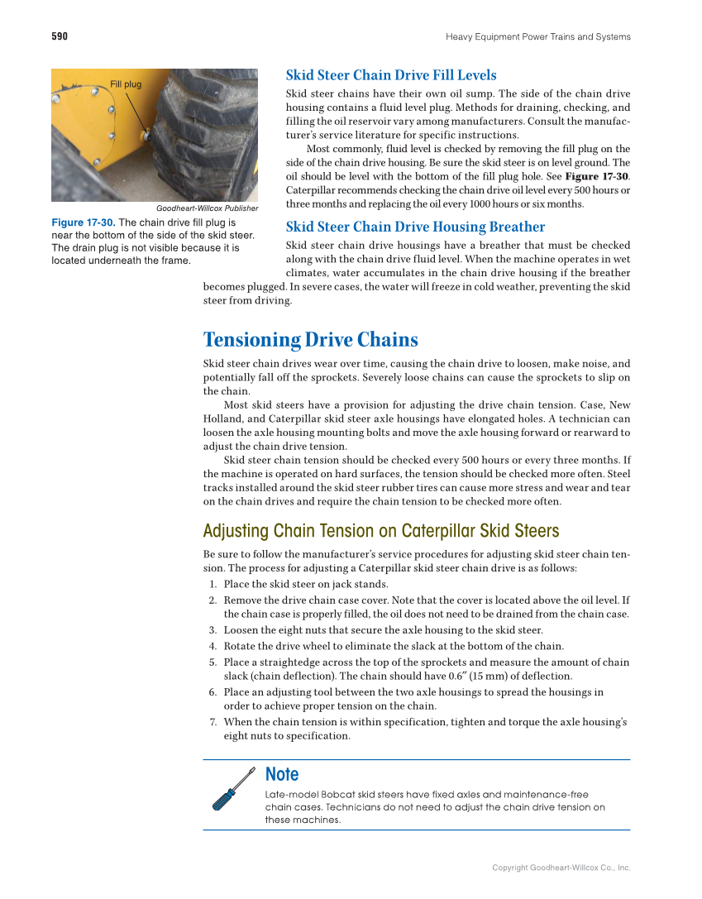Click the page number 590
60,36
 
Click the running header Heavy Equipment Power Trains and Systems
537,36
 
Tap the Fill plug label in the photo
126,84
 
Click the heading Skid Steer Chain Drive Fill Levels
391,75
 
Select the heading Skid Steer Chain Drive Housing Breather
415,227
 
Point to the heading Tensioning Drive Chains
311,340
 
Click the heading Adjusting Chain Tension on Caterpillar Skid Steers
381,531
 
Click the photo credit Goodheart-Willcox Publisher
207,208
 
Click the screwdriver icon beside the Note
233,789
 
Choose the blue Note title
282,774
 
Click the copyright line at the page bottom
561,868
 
